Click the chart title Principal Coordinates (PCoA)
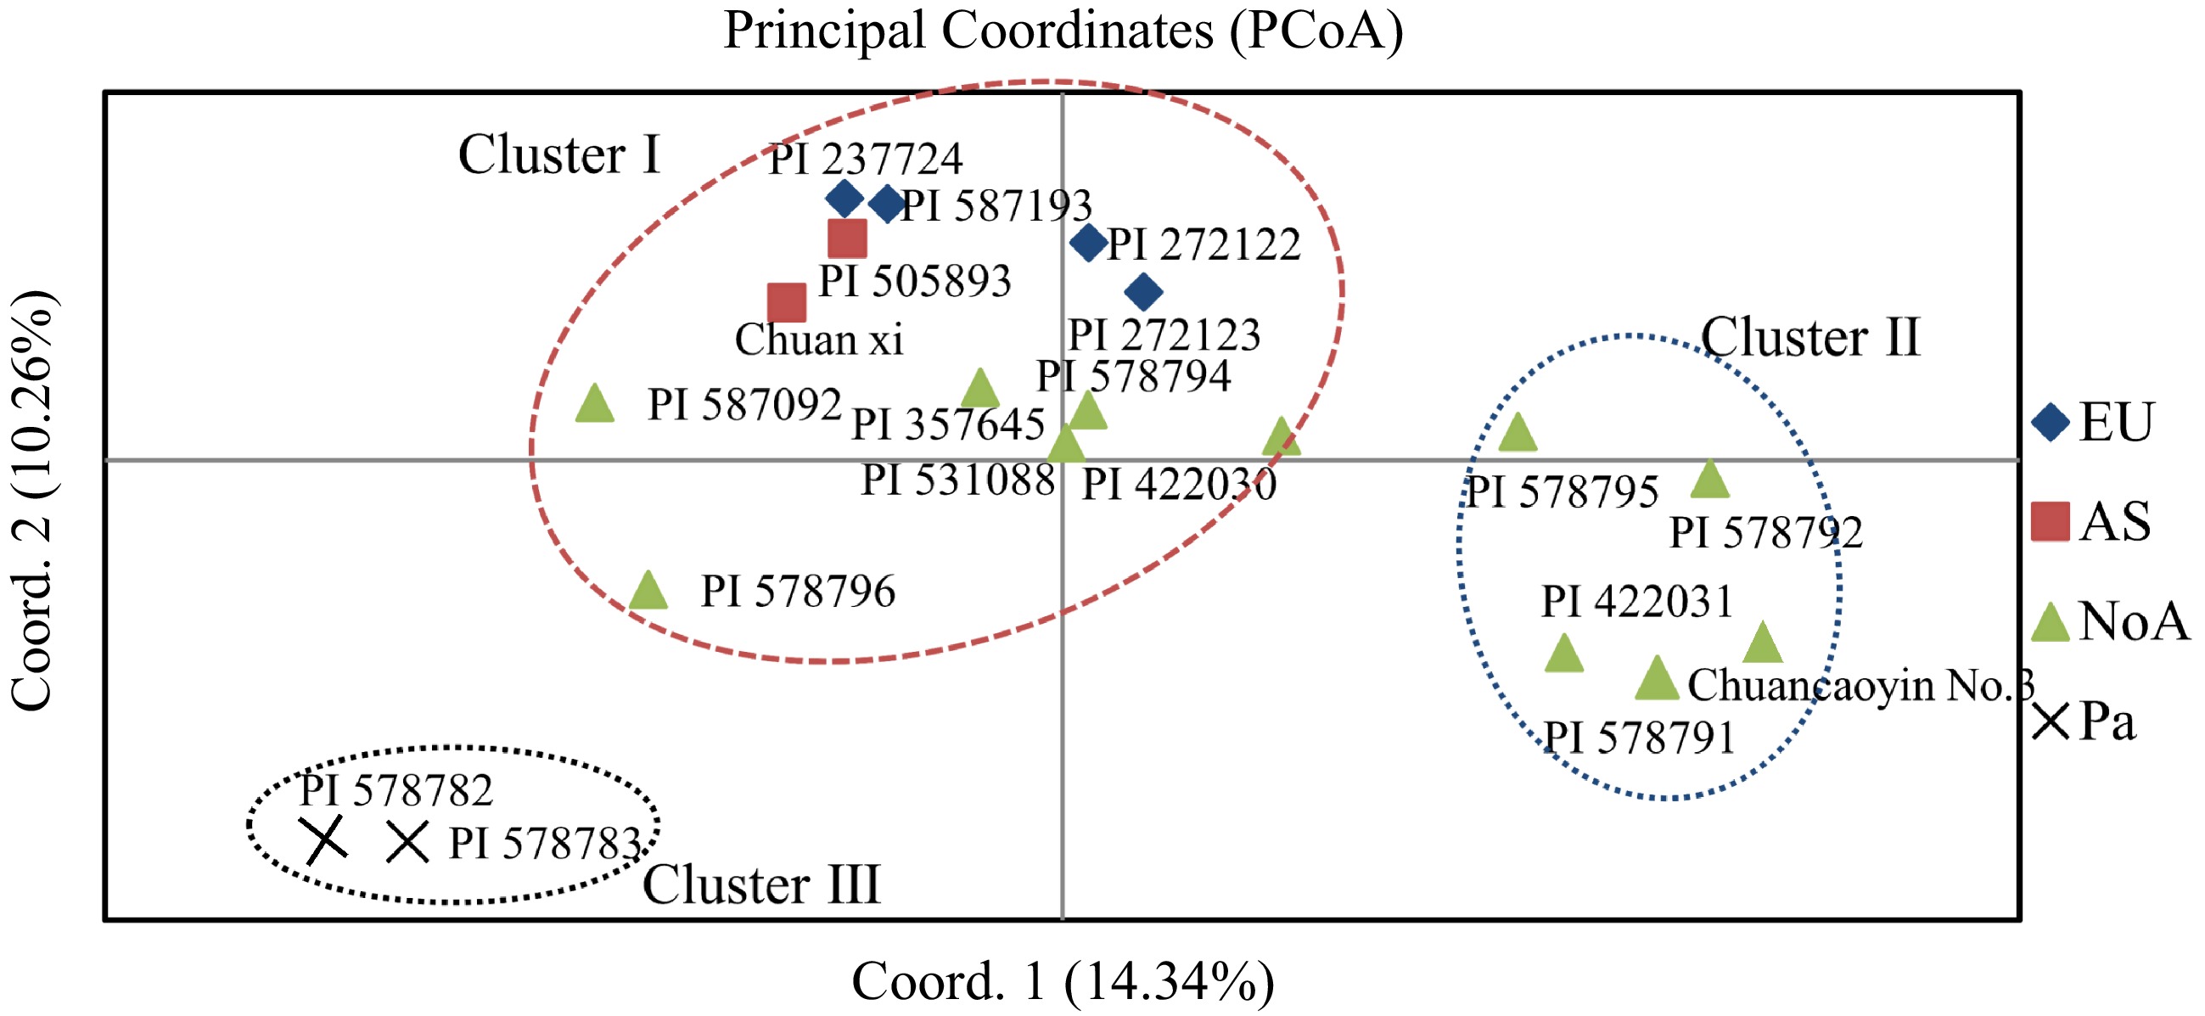click(x=1063, y=31)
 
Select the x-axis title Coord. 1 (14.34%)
click(x=1063, y=981)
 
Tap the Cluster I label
click(x=559, y=155)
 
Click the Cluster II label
click(x=1809, y=337)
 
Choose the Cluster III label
click(x=761, y=885)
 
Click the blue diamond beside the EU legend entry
click(x=2050, y=422)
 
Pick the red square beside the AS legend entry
click(x=2050, y=521)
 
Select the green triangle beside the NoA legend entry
click(x=2050, y=623)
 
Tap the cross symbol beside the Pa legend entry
click(x=2050, y=721)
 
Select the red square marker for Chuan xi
click(x=787, y=302)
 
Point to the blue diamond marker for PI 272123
click(x=1143, y=292)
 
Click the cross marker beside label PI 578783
click(x=407, y=842)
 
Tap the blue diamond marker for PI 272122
click(x=1088, y=243)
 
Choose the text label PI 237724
click(x=866, y=160)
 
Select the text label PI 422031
click(x=1636, y=601)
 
